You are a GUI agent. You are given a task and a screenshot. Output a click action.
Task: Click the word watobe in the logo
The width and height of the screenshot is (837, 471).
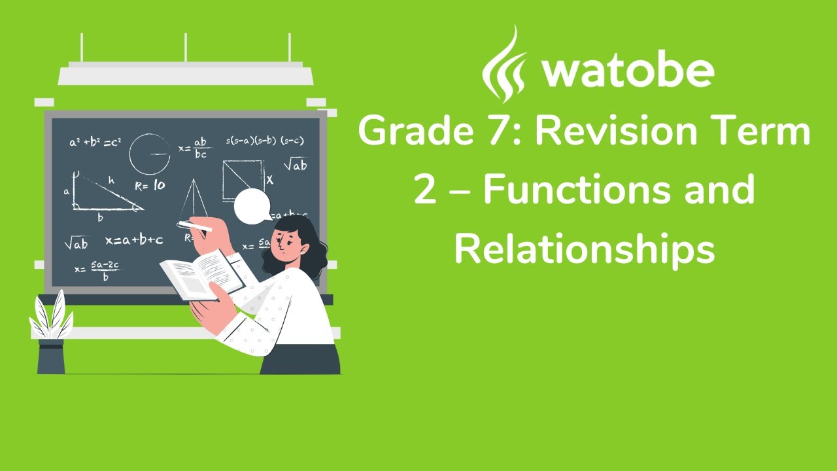point(627,71)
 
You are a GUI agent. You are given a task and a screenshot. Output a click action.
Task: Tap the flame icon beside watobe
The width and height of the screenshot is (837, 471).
point(504,64)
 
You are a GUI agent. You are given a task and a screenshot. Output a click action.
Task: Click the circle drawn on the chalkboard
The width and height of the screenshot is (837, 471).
point(149,154)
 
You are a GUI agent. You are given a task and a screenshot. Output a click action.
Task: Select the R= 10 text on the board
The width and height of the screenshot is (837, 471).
point(150,186)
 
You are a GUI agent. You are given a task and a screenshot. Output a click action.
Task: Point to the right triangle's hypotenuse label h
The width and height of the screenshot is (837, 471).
point(111,179)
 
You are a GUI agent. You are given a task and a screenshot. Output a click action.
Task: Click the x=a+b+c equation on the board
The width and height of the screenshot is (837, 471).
point(134,240)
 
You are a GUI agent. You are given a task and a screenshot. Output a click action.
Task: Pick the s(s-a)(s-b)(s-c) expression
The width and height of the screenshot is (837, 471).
point(264,141)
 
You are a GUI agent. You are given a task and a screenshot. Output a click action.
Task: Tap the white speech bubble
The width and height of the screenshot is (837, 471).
point(253,205)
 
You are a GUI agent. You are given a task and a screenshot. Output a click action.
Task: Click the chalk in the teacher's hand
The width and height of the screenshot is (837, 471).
point(194,226)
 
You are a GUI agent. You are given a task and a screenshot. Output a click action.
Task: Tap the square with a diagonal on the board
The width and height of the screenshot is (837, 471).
point(242,181)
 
